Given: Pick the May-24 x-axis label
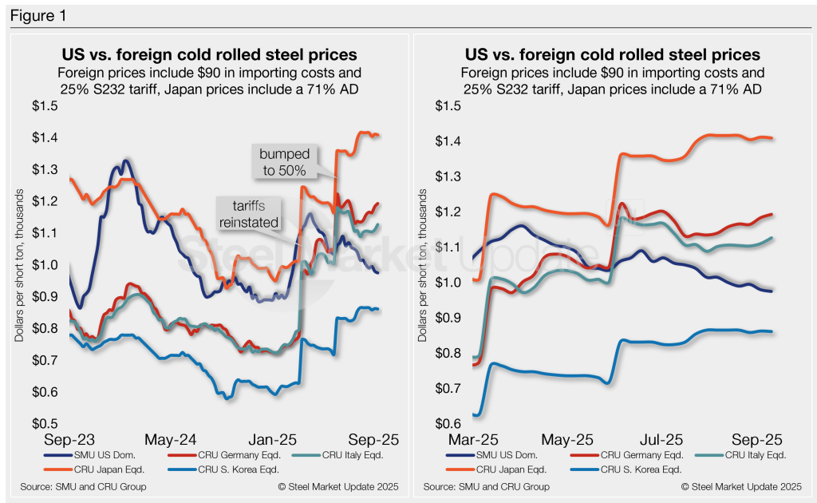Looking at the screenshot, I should coord(171,440).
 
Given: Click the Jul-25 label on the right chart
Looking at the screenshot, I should coord(661,440).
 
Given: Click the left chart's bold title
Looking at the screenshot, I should coord(209,55).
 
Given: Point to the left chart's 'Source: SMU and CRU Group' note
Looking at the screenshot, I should coord(80,486).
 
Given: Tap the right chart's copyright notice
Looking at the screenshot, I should coord(741,486).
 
